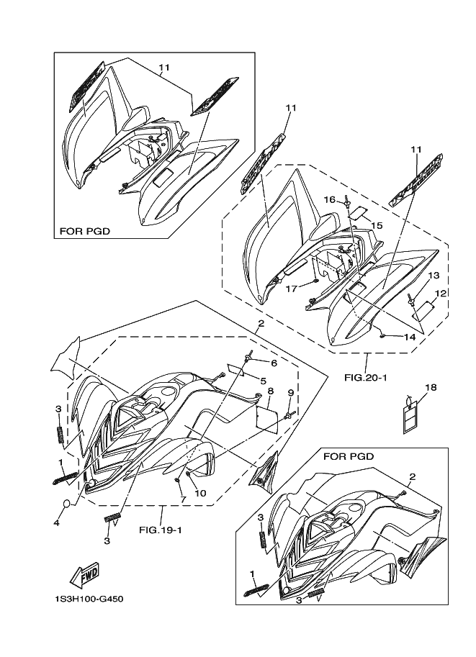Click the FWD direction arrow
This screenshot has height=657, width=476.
[84, 574]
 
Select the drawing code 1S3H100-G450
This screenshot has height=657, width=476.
[89, 599]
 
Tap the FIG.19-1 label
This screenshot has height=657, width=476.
[160, 530]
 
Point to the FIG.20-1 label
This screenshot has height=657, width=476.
[366, 378]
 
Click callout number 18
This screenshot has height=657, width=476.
[431, 388]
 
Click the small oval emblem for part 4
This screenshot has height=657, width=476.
[68, 504]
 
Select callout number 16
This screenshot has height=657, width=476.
[330, 199]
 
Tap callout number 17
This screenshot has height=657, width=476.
[292, 289]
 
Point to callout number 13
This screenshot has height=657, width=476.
[434, 276]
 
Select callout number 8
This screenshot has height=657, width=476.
[271, 391]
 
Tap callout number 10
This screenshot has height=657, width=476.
[200, 493]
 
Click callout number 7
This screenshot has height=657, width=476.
[182, 499]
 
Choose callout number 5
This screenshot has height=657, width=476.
[263, 381]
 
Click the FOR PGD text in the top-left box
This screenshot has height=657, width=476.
[85, 231]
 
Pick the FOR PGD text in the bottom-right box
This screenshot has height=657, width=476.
[349, 456]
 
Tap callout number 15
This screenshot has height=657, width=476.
[377, 225]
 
